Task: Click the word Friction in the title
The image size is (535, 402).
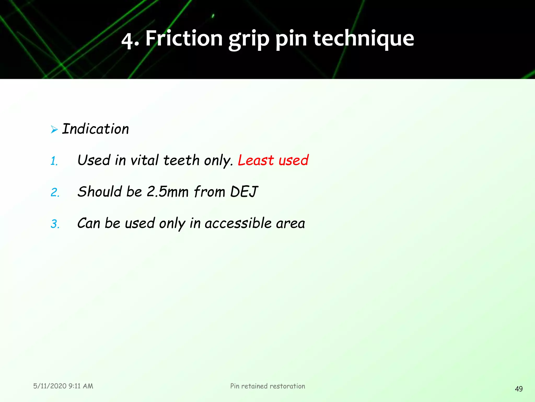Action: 184,38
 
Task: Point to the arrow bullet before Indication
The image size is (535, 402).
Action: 54,129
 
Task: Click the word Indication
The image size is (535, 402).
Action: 96,129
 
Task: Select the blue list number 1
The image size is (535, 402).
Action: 54,161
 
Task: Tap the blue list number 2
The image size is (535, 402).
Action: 55,193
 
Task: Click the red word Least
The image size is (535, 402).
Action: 255,160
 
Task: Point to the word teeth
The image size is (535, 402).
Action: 181,160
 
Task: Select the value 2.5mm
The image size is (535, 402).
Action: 167,192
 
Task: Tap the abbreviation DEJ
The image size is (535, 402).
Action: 244,192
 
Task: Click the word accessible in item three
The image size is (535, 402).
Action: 238,223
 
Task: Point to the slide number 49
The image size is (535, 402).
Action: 519,389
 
